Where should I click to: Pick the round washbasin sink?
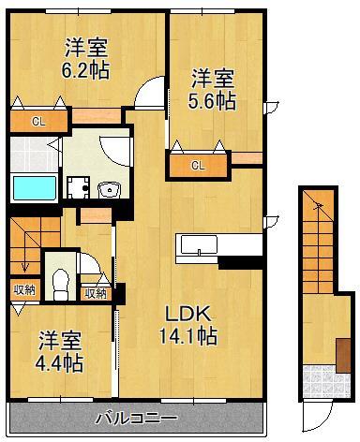point(108,188)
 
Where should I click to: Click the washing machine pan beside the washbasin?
point(80,187)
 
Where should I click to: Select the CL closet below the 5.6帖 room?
point(198,166)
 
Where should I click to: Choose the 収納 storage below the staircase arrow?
point(24,290)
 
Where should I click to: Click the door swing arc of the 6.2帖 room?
point(148,96)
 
